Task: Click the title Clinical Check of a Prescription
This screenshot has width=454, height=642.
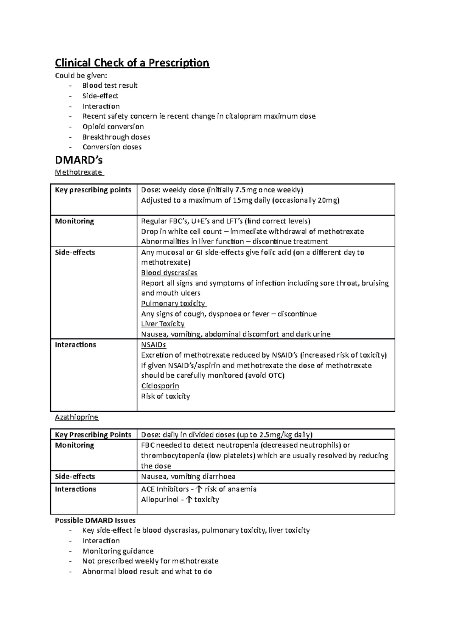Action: click(x=132, y=63)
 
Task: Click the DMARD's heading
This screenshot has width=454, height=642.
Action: click(x=79, y=160)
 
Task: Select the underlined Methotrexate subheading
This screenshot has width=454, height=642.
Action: click(x=79, y=172)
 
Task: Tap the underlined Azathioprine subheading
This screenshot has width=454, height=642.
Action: click(x=76, y=417)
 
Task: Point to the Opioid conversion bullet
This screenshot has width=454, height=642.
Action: click(x=113, y=127)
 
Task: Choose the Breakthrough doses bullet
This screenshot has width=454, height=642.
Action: click(x=116, y=137)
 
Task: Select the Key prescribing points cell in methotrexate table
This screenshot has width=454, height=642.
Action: click(x=93, y=190)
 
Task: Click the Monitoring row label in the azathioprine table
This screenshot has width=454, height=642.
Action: click(x=75, y=445)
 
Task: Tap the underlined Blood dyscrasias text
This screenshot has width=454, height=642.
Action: click(x=169, y=273)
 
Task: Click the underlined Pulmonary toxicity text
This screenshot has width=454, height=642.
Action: click(x=173, y=304)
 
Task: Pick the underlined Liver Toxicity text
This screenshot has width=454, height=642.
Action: click(x=163, y=324)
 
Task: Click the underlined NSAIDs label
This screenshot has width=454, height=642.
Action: click(x=153, y=345)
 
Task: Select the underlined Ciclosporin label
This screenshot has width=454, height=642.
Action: click(x=160, y=386)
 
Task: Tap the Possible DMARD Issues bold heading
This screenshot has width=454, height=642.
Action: click(x=95, y=520)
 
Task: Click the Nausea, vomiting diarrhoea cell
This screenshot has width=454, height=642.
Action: click(x=188, y=477)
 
